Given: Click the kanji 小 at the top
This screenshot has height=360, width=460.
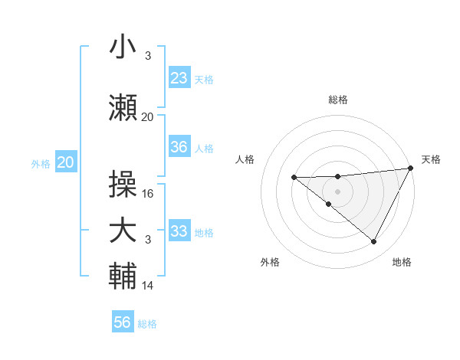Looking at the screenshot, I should coord(123,48).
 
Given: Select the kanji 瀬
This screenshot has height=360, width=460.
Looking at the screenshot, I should coord(123,108).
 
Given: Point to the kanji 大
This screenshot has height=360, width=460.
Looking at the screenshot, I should coord(123,231).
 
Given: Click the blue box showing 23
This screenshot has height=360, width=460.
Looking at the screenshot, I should coord(179,78).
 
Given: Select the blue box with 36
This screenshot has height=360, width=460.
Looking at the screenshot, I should coord(179,148).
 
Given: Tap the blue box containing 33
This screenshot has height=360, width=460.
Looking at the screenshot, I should coord(179,231).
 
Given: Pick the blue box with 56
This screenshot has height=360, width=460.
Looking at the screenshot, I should coord(123,322).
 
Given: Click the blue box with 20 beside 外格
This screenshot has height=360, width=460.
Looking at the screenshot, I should coord(66,162).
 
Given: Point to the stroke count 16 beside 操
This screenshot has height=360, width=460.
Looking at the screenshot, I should coord(148,194).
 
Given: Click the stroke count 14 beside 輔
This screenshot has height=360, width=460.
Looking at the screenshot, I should coord(148,286).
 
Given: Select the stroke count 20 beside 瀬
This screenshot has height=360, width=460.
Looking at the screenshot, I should coord(148,117).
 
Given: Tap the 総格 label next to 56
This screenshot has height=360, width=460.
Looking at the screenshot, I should coord(147,324).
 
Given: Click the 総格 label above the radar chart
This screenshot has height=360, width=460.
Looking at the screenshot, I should coord(337,100).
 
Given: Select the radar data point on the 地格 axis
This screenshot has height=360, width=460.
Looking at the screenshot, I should coord(374,242).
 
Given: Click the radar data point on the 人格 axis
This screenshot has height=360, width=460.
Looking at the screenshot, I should coord(294,178).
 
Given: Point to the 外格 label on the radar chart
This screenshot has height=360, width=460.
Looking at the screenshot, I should coord(270,262).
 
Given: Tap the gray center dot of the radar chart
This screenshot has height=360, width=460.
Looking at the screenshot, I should coord(337,191).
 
